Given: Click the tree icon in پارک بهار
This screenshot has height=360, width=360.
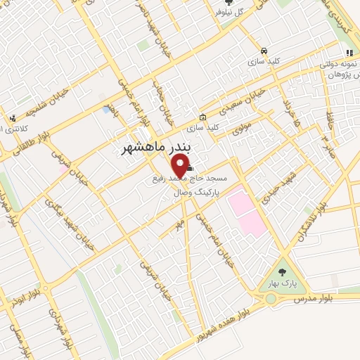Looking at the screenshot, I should tap(282, 271).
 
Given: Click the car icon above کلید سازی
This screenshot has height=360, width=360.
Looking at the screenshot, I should tap(263, 51).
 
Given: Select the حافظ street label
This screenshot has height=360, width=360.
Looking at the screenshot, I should tap(328, 124).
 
